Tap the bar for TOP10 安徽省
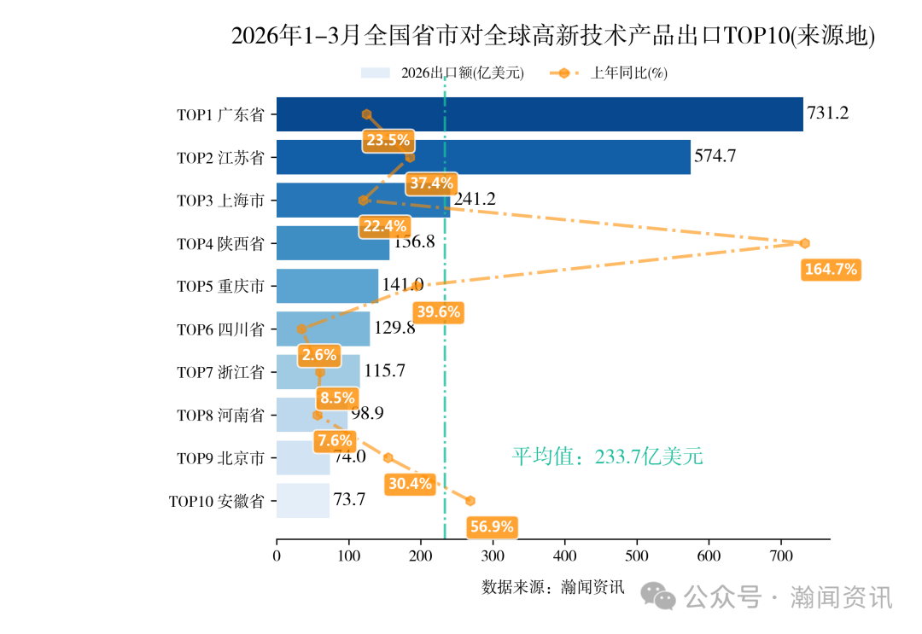303,501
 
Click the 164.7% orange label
831,270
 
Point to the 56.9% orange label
492,526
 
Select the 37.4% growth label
431,183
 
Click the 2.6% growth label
318,355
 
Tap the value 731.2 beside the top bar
827,113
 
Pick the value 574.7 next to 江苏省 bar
715,157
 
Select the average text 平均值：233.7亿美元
607,457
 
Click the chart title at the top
553,36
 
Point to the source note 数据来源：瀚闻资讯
552,587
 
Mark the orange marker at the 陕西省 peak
804,243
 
